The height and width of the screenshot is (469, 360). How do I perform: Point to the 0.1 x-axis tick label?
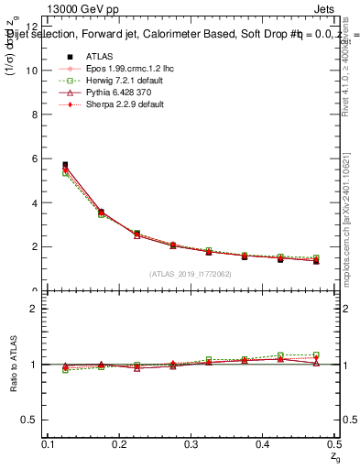(49, 444)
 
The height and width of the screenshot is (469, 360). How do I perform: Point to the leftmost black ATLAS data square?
(64, 165)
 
